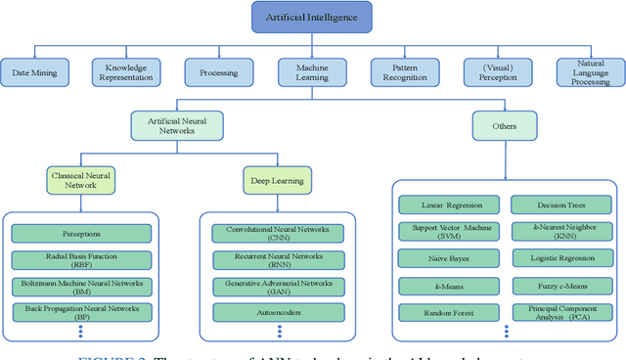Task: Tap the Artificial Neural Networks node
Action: [176, 124]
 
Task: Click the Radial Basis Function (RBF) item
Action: [82, 260]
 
